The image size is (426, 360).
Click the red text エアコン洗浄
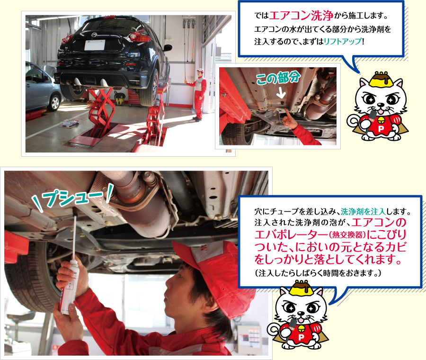301,16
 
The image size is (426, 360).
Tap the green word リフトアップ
343,41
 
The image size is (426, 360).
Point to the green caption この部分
278,79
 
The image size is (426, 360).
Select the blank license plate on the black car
95,45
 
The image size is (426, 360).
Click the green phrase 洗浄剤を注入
363,211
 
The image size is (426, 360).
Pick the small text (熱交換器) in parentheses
347,235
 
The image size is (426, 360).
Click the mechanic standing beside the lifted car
199,94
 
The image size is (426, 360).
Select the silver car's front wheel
54,102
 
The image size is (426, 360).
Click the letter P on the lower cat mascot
301,337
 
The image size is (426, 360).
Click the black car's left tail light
67,39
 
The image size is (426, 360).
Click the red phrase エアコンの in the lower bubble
379,223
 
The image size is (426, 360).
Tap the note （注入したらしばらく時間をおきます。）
318,273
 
